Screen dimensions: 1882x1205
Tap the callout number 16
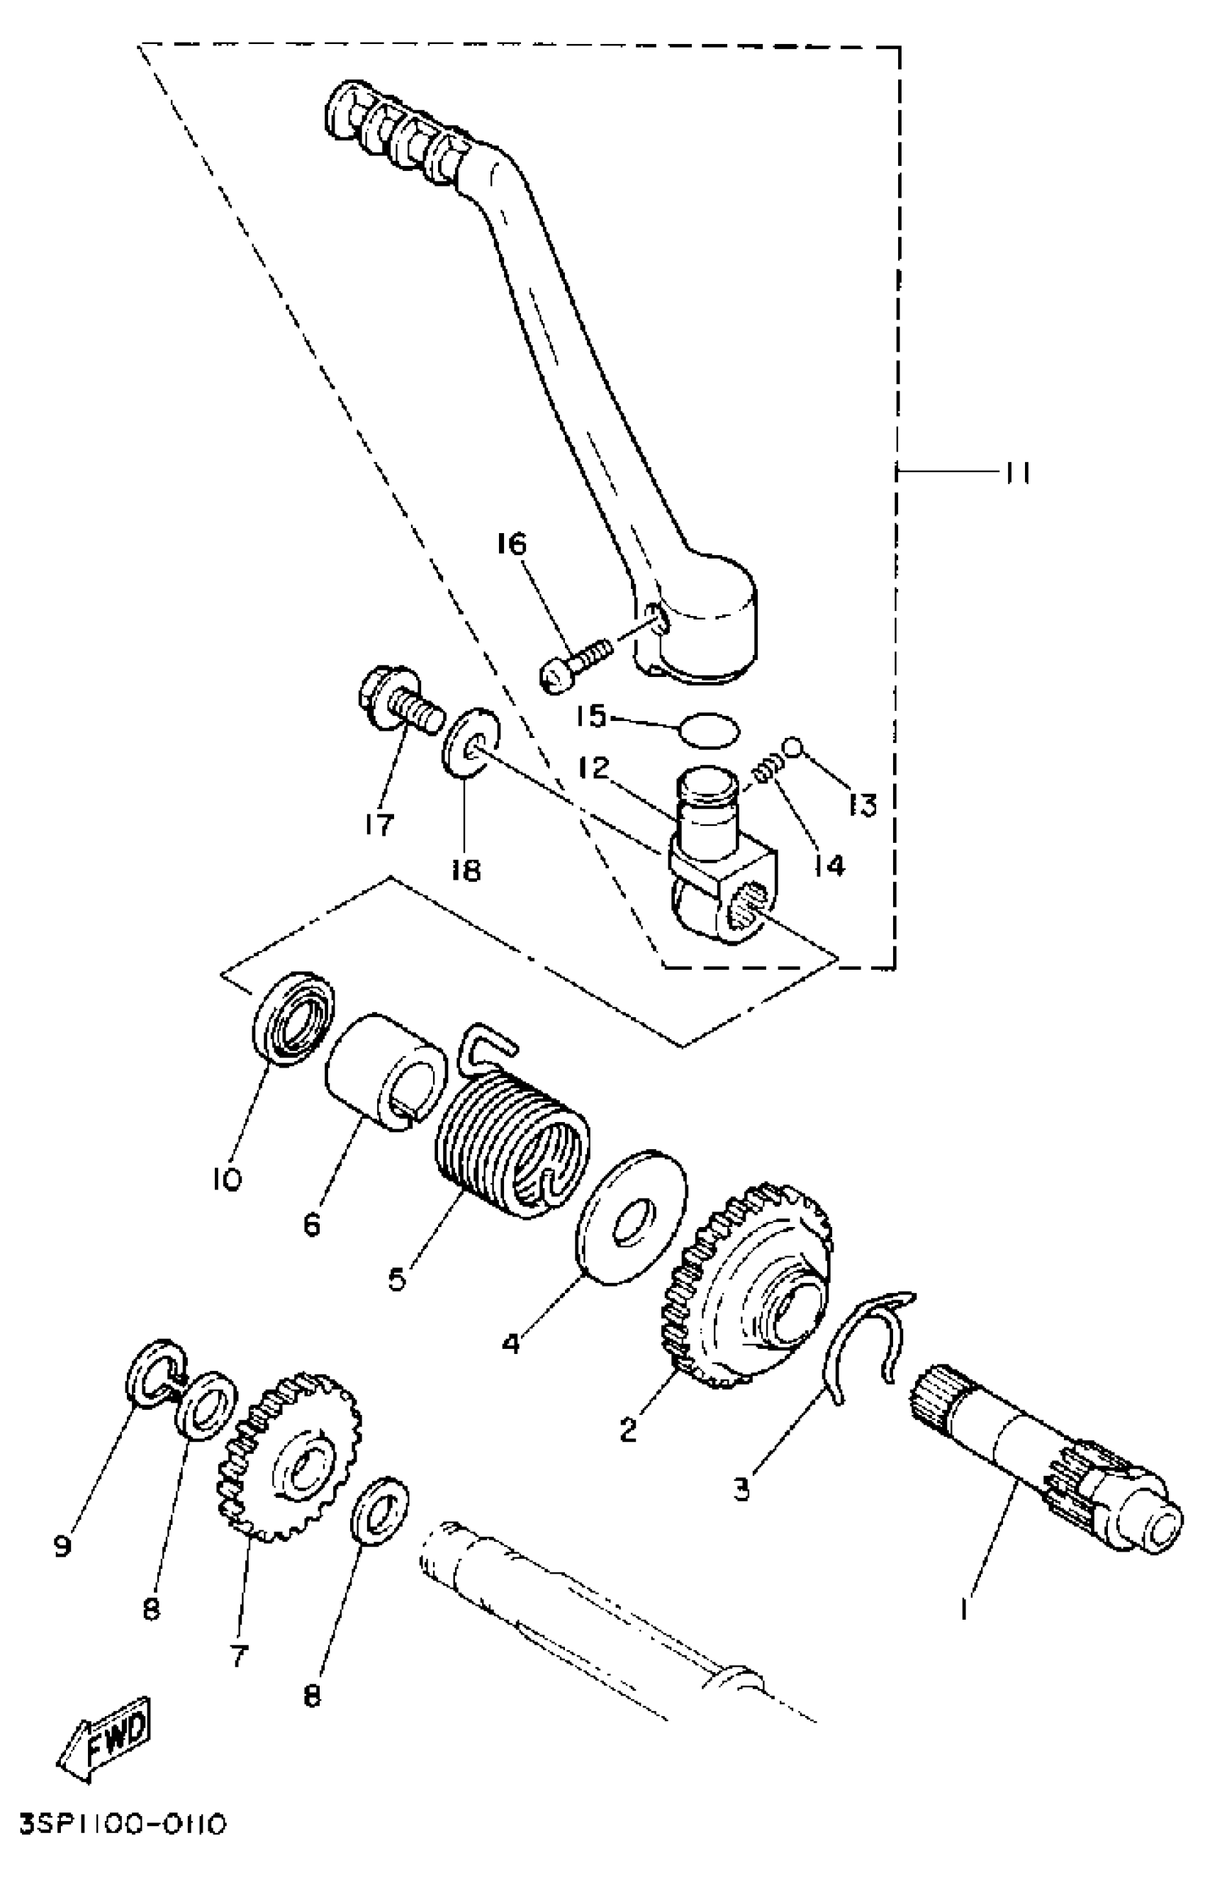coord(512,544)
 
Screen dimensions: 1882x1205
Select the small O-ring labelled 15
coord(707,731)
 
